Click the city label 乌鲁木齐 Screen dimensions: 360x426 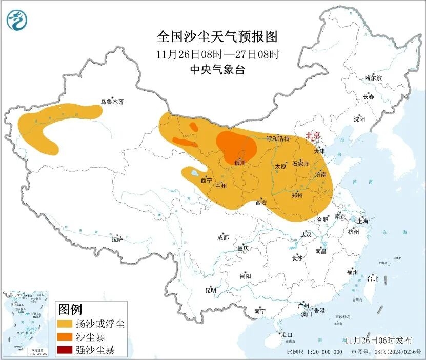point(112,102)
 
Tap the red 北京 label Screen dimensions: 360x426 point(313,136)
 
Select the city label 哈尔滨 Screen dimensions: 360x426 point(373,78)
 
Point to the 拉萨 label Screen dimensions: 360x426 point(117,239)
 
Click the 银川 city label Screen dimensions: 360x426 point(240,163)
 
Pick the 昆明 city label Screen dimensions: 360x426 point(211,290)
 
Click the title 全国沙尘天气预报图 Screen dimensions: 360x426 point(217,37)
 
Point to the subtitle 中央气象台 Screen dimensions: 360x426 point(217,70)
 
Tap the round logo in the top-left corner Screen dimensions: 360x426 point(17,20)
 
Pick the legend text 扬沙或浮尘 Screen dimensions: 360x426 point(99,324)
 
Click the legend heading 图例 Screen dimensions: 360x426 point(70,309)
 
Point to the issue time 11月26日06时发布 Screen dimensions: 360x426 point(378,340)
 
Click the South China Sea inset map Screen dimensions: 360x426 point(26,324)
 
